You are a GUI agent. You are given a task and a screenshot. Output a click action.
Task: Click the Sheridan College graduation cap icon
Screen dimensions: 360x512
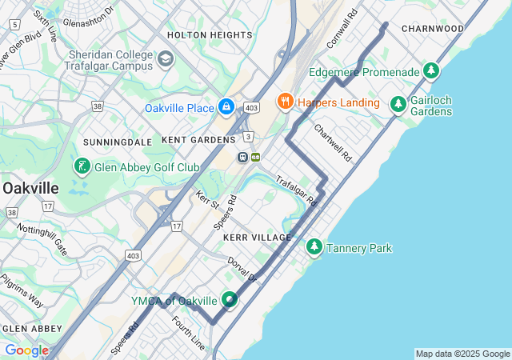(x=166, y=59)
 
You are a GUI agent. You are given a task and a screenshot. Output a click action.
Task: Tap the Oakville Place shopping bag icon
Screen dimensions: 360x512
(x=226, y=106)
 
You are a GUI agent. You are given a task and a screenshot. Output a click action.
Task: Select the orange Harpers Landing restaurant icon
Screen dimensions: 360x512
(x=284, y=102)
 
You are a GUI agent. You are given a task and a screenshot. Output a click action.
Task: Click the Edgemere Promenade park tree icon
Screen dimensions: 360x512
(x=432, y=72)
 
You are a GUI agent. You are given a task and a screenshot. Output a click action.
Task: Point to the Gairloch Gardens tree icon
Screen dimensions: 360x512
(x=398, y=104)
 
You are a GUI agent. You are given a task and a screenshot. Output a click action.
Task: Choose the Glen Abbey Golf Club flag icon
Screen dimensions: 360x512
(x=82, y=166)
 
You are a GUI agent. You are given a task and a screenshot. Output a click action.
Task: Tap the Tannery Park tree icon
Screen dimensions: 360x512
(x=314, y=248)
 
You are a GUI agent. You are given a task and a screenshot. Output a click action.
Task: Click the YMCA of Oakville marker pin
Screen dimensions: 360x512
(x=230, y=300)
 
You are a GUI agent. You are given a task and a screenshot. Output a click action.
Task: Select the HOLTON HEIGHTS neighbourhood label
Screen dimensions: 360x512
(x=210, y=35)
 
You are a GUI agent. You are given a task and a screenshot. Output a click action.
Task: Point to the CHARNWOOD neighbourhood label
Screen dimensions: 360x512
(x=433, y=28)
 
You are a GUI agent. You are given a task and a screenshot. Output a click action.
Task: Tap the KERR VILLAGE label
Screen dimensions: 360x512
(x=258, y=238)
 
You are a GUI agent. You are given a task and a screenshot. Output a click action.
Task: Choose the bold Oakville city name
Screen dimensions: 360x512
(x=30, y=187)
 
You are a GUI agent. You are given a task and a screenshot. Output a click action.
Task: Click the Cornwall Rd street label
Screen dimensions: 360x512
(x=341, y=29)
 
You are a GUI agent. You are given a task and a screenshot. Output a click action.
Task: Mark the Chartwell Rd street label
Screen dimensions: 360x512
(x=333, y=142)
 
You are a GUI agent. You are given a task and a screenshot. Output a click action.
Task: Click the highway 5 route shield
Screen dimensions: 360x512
(x=14, y=25)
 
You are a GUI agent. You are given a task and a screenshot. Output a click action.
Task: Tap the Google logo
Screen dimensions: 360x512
(x=26, y=350)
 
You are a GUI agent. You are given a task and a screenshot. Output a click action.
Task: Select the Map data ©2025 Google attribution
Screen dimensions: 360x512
(x=462, y=354)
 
